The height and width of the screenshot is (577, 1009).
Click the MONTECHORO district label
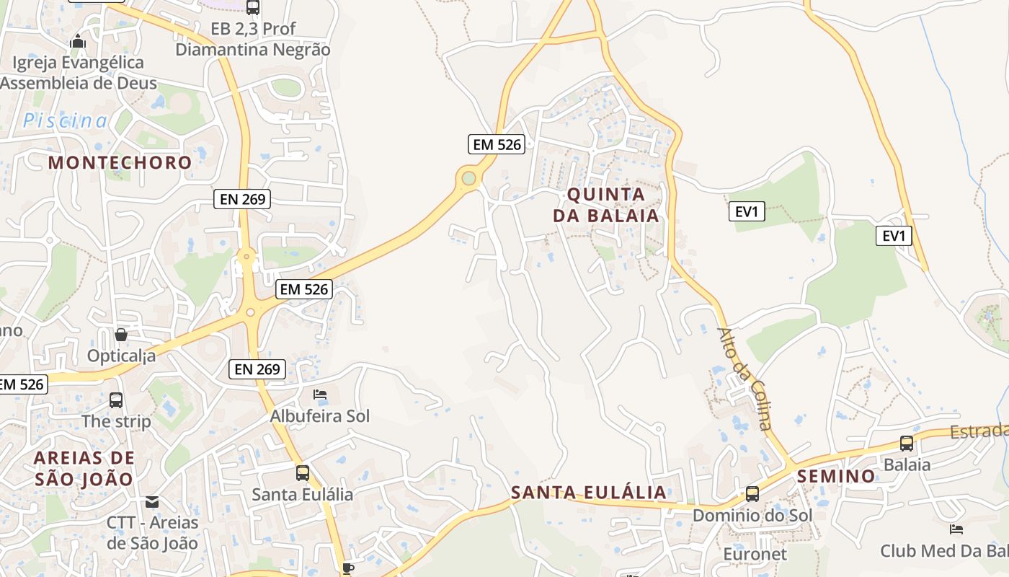coord(120,162)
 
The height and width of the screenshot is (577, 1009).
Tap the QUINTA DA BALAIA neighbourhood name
coord(605,205)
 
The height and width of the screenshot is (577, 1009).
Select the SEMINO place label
coord(836,476)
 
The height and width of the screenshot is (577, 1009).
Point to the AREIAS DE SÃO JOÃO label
coord(84,468)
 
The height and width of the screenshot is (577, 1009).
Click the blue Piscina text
coord(65,120)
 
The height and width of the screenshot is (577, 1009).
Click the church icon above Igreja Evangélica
coord(78,42)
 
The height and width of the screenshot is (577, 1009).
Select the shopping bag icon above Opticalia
coord(121,335)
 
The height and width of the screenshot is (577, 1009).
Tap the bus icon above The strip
coord(116,400)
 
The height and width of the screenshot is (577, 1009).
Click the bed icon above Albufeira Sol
coord(320,395)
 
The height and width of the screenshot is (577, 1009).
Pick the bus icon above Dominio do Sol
coord(752,494)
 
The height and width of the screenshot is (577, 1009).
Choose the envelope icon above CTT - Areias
coord(152,501)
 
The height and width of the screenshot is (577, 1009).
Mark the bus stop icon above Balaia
coord(907,444)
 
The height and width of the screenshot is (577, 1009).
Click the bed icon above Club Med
coord(956,529)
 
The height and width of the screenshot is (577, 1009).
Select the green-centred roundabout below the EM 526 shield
coord(469,177)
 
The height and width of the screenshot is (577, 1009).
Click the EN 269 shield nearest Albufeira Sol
coord(257,369)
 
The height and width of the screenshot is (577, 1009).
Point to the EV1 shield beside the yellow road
coord(894,235)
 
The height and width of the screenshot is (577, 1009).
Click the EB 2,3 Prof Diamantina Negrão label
coord(253,40)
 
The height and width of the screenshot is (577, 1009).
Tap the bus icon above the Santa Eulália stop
coord(303,473)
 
